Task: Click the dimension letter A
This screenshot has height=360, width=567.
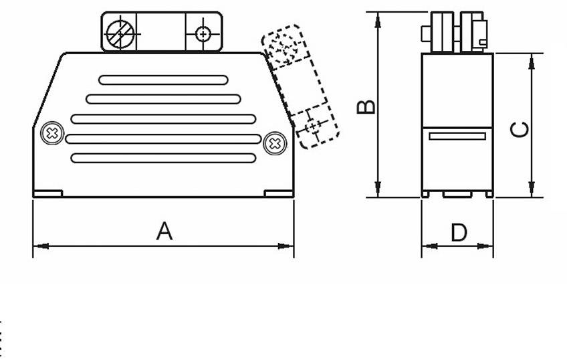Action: point(164,232)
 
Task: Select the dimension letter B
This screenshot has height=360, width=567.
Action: point(366,106)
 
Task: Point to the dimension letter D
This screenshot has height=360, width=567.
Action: point(459,233)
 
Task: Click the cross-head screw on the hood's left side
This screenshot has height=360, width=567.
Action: point(52,133)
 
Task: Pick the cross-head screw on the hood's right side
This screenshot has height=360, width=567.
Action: point(274,143)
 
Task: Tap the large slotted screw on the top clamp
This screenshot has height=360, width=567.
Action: point(121,33)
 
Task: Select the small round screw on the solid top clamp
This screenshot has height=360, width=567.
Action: point(203,33)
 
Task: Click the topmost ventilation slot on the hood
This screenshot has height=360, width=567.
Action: point(163,80)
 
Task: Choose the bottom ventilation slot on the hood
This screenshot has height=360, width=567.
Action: point(163,159)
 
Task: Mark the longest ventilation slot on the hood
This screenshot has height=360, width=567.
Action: point(163,139)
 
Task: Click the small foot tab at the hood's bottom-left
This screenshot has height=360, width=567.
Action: point(47,194)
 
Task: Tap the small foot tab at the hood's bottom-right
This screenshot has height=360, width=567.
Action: point(279,194)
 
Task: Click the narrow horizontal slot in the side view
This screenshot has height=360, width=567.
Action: point(457,137)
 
